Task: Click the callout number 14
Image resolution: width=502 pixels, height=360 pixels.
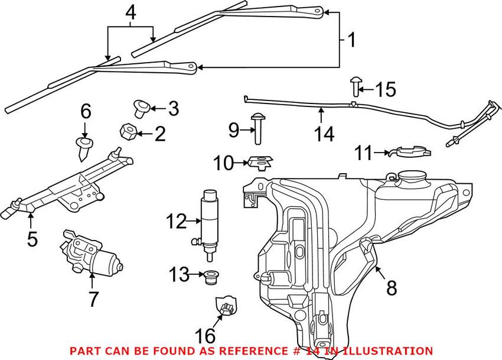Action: click(x=324, y=134)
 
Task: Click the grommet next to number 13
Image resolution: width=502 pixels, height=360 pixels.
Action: click(x=208, y=276)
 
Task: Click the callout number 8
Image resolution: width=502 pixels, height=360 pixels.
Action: click(x=391, y=288)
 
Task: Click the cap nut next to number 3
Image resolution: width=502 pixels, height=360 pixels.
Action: click(x=141, y=108)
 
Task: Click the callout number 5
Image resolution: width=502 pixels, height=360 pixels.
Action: click(x=32, y=239)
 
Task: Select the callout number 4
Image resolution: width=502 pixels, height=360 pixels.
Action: click(x=131, y=11)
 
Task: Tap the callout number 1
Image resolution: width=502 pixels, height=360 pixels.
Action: click(x=351, y=41)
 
